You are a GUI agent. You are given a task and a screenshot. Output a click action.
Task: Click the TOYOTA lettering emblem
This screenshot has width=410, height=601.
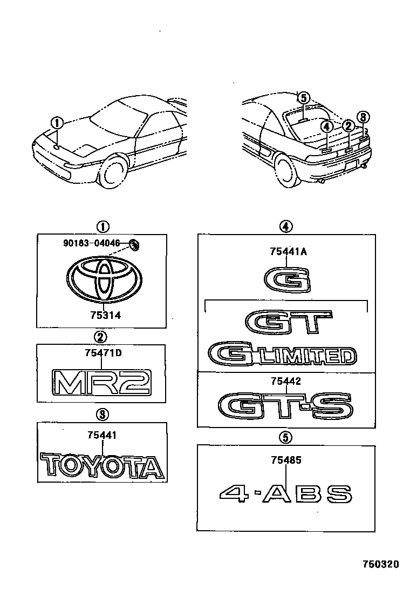tap(102, 466)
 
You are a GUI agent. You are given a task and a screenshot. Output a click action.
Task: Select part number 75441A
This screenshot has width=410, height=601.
tap(288, 251)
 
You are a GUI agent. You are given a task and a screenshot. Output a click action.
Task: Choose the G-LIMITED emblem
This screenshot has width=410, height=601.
tap(283, 355)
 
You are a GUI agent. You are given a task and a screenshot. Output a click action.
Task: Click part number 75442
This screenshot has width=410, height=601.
tap(286, 381)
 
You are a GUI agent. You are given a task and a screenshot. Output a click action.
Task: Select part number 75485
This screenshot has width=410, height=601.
tap(286, 460)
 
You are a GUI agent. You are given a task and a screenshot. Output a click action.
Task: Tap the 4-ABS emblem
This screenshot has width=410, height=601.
tap(286, 493)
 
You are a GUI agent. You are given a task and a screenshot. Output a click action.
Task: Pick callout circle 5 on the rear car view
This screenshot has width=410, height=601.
tap(304, 98)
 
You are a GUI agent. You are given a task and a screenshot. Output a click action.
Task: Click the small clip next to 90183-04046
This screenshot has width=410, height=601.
tap(134, 245)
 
